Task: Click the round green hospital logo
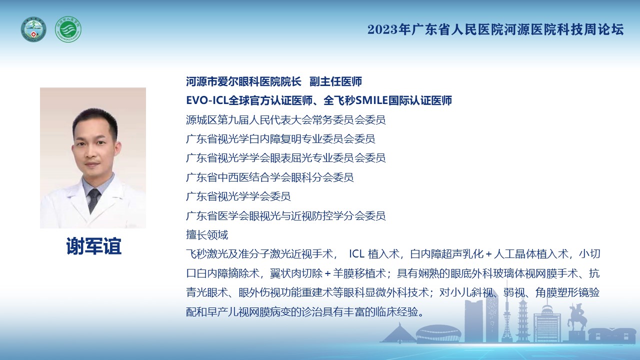tap(68, 29)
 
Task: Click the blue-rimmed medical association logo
tap(33, 29)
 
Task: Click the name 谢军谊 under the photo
tap(93, 246)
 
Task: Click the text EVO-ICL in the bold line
tap(207, 100)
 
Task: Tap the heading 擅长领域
tap(207, 235)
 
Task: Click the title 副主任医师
tap(335, 81)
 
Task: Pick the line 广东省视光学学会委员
tap(238, 196)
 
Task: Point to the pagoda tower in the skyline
tap(522, 320)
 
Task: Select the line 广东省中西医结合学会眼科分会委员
tap(269, 177)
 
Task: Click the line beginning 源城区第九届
tap(285, 120)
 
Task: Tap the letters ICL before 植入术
tap(356, 254)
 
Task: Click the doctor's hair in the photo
tap(95, 120)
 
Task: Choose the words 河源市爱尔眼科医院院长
tap(243, 81)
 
